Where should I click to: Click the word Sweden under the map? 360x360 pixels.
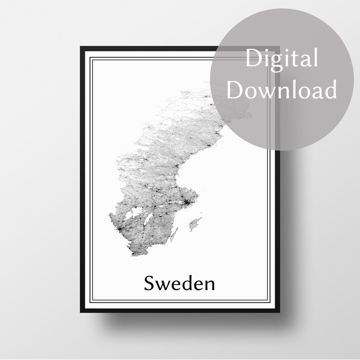[180, 283]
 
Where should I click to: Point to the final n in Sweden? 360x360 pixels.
[209, 285]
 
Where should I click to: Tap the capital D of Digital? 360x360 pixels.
[253, 59]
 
